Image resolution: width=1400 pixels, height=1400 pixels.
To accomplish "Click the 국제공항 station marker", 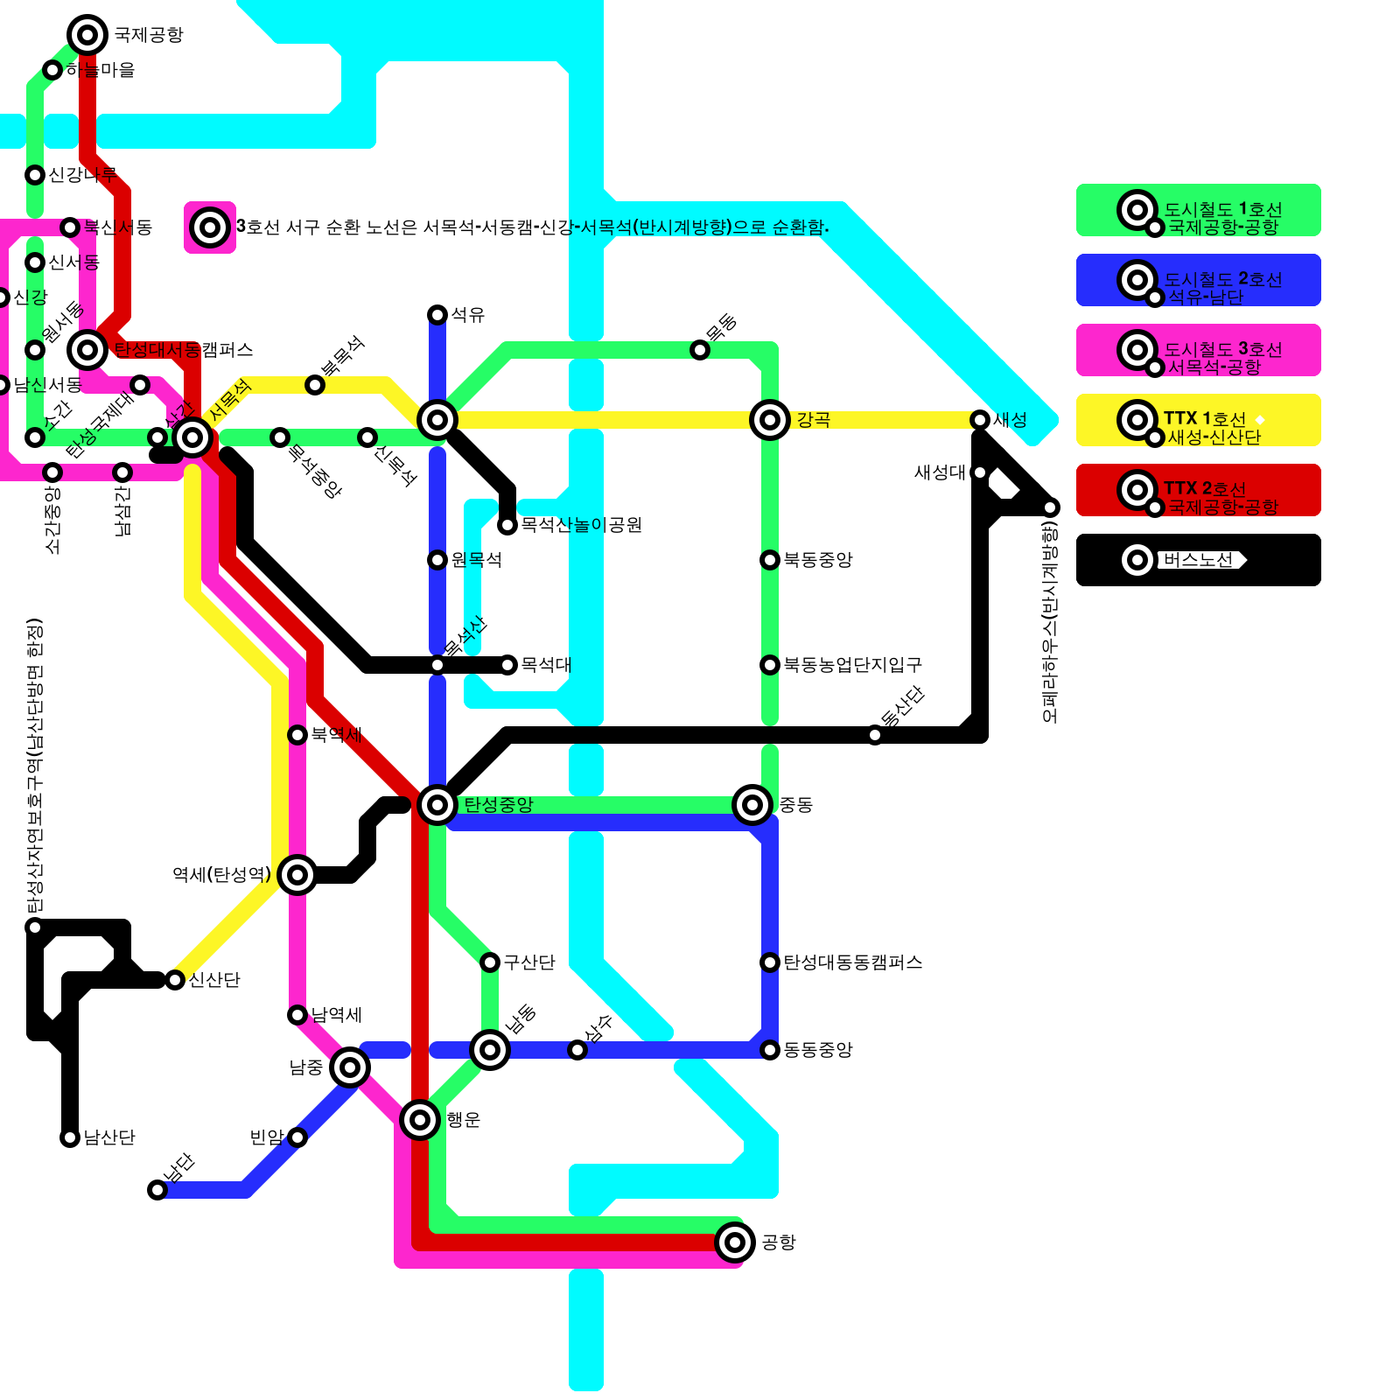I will point(87,35).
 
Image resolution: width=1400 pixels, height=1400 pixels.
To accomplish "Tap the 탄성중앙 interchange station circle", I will point(437,804).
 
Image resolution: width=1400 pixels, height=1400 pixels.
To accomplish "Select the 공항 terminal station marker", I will point(735,1242).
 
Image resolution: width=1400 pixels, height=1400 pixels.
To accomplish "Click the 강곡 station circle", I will point(770,420).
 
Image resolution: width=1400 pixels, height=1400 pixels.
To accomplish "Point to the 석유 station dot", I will point(437,315).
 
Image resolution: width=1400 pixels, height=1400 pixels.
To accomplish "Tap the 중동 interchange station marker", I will point(752,804).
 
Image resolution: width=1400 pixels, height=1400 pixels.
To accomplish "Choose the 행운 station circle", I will point(420,1119).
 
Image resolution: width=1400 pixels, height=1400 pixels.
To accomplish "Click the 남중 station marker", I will point(350,1067).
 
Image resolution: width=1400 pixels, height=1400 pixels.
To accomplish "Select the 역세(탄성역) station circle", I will point(297,874).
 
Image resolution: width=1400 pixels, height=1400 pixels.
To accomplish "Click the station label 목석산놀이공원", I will point(581,525).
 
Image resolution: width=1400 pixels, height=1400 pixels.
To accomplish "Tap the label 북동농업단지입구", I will point(852,665).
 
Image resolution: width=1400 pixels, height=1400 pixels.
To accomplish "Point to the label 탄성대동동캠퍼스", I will point(852,962).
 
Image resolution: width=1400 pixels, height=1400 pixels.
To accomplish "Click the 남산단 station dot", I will point(70,1137).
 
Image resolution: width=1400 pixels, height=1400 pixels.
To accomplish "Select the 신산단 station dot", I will point(175,980).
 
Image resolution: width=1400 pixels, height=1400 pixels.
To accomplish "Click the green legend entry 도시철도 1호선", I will point(1198,210).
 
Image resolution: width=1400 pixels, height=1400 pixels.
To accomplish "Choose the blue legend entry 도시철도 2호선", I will point(1198,280).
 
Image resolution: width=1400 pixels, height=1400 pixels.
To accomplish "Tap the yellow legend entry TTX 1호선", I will point(1198,420).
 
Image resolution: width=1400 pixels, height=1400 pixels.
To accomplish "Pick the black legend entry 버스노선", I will point(1198,560).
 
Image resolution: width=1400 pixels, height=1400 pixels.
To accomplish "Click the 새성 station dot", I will point(980,420).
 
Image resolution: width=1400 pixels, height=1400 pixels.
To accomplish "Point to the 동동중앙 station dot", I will point(770,1050).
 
